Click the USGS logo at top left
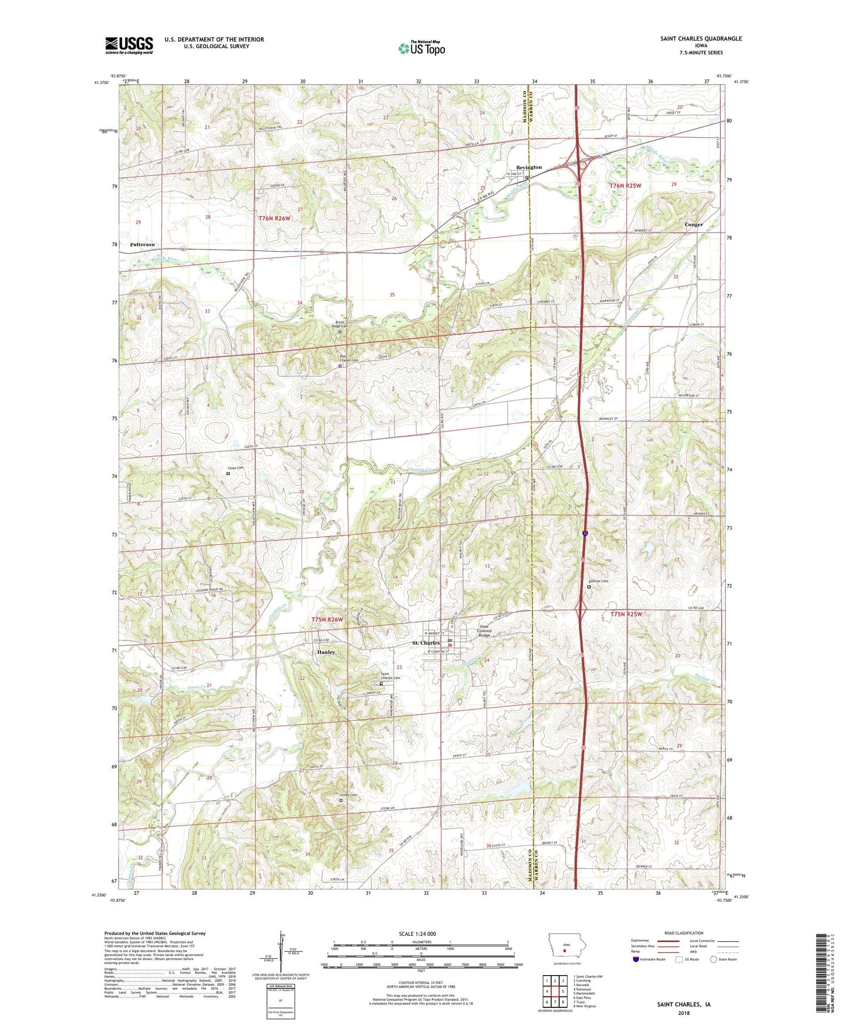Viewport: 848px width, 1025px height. pyautogui.click(x=129, y=45)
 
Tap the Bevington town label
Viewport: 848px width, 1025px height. pyautogui.click(x=529, y=167)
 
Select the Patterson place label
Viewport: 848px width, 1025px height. pyautogui.click(x=143, y=244)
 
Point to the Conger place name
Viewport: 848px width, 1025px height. pyautogui.click(x=693, y=224)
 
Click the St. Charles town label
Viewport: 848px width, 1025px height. pyautogui.click(x=425, y=643)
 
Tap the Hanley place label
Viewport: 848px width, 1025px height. pyautogui.click(x=326, y=652)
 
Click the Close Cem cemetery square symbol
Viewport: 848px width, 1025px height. pyautogui.click(x=228, y=473)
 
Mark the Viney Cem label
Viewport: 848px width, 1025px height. pyautogui.click(x=349, y=795)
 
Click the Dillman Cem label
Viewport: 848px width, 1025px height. pyautogui.click(x=599, y=581)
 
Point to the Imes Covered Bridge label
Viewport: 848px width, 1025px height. pyautogui.click(x=484, y=630)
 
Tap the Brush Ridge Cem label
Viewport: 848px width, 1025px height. pyautogui.click(x=341, y=324)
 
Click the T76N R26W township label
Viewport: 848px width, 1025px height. pyautogui.click(x=275, y=218)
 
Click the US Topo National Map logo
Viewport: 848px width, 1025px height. pyautogui.click(x=421, y=48)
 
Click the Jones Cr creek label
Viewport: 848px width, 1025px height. pyautogui.click(x=196, y=687)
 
